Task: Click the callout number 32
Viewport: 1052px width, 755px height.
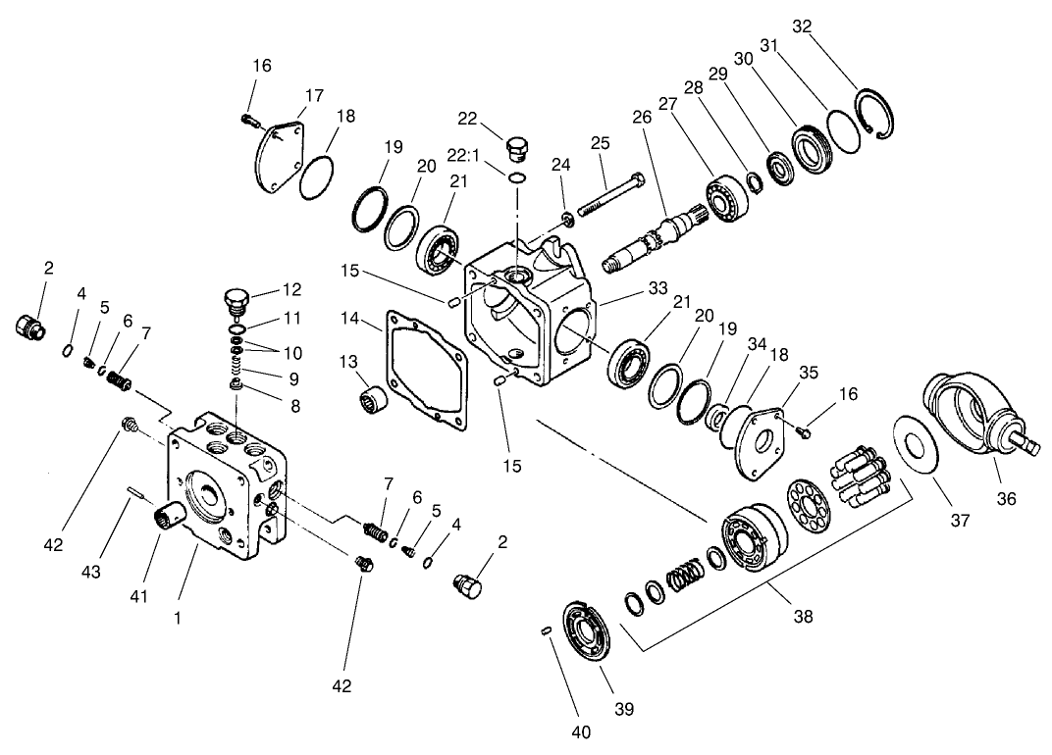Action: (802, 26)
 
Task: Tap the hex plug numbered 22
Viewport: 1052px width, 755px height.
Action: (516, 150)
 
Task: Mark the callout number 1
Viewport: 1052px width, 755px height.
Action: (178, 619)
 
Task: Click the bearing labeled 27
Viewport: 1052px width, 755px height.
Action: (728, 199)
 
